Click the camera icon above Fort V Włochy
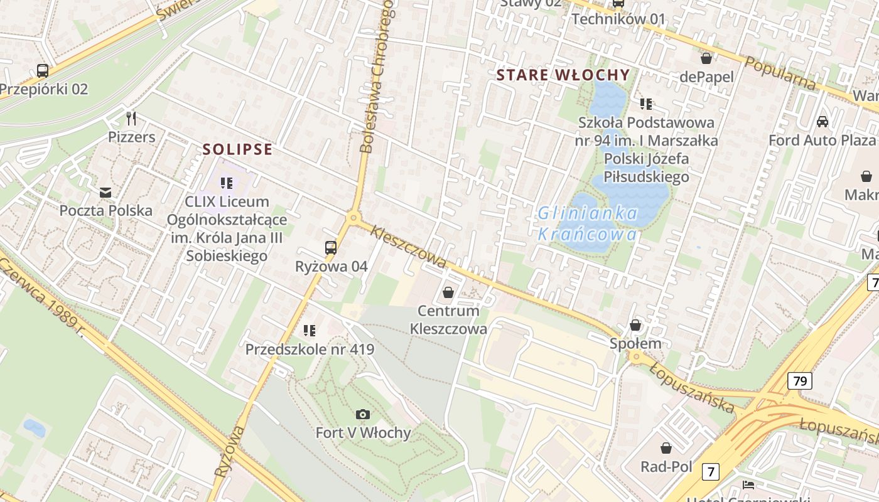[362, 414]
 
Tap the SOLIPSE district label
[237, 149]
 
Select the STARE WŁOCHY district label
[563, 75]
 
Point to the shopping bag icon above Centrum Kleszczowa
[448, 292]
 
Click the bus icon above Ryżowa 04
[331, 247]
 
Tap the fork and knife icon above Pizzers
[131, 118]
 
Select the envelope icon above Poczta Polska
[105, 192]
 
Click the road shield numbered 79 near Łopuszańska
[799, 380]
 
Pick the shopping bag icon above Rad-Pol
[666, 448]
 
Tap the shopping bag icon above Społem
[635, 325]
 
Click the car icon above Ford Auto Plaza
[822, 121]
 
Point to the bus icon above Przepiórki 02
[43, 70]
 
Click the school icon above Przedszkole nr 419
[309, 330]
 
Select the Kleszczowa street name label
[408, 247]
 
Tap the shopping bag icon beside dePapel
[706, 58]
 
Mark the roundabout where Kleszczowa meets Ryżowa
[353, 218]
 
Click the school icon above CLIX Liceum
[227, 183]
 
